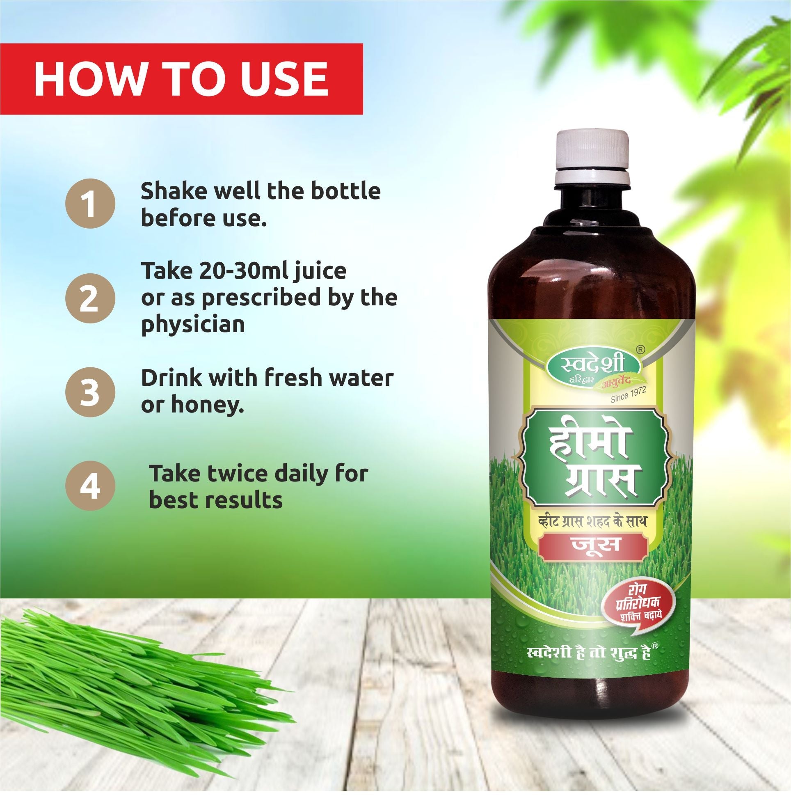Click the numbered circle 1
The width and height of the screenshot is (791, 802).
[90, 204]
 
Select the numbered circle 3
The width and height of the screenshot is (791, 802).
[90, 392]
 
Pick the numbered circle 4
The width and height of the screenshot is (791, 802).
[90, 486]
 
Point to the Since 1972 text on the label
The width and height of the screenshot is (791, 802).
[628, 395]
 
